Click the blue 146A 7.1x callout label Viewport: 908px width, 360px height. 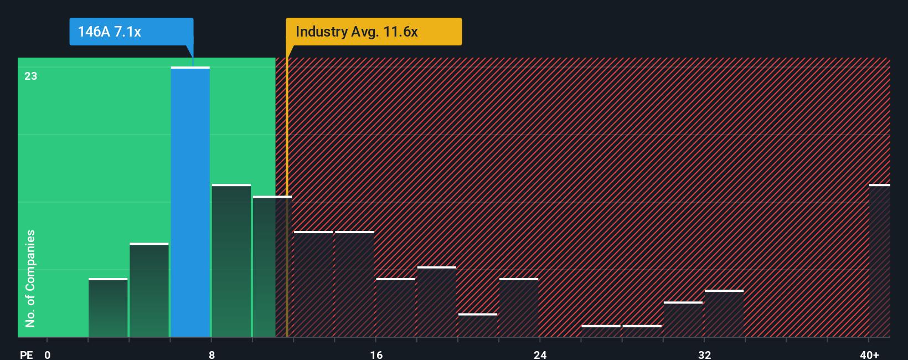pyautogui.click(x=131, y=32)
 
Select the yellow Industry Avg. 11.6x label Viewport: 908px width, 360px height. pyautogui.click(x=373, y=32)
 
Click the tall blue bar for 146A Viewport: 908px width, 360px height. pyautogui.click(x=190, y=202)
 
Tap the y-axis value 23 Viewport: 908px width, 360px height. pyautogui.click(x=30, y=76)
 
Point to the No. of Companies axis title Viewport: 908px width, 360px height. pyautogui.click(x=30, y=278)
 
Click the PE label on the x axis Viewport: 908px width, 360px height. pyautogui.click(x=26, y=354)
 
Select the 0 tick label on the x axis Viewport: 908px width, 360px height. pyautogui.click(x=48, y=354)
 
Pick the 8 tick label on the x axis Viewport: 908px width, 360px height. pyautogui.click(x=211, y=354)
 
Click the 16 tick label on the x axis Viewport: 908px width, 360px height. pyautogui.click(x=376, y=354)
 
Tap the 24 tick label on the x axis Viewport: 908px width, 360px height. pyautogui.click(x=540, y=354)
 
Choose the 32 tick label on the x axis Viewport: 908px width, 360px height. pyautogui.click(x=704, y=354)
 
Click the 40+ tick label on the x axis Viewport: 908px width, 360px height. pyautogui.click(x=869, y=354)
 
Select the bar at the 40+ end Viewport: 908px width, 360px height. pyautogui.click(x=879, y=260)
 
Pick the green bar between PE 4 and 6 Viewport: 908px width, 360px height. pyautogui.click(x=149, y=290)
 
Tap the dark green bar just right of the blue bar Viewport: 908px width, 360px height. pyautogui.click(x=231, y=260)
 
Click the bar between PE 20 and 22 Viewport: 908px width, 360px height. pyautogui.click(x=477, y=325)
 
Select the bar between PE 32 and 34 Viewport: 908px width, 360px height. pyautogui.click(x=724, y=313)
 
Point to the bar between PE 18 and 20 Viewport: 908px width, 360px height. pyautogui.click(x=436, y=302)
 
